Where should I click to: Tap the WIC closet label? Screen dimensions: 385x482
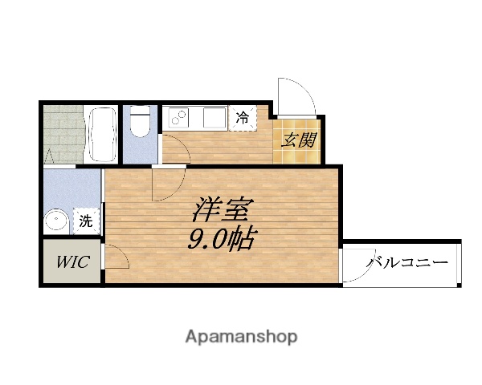tap(71, 261)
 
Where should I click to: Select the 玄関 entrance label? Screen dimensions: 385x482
tap(297, 140)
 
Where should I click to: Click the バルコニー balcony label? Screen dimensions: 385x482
tap(407, 262)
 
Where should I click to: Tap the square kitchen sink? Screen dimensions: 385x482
tap(213, 119)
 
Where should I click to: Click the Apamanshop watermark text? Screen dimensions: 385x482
tap(241, 336)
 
